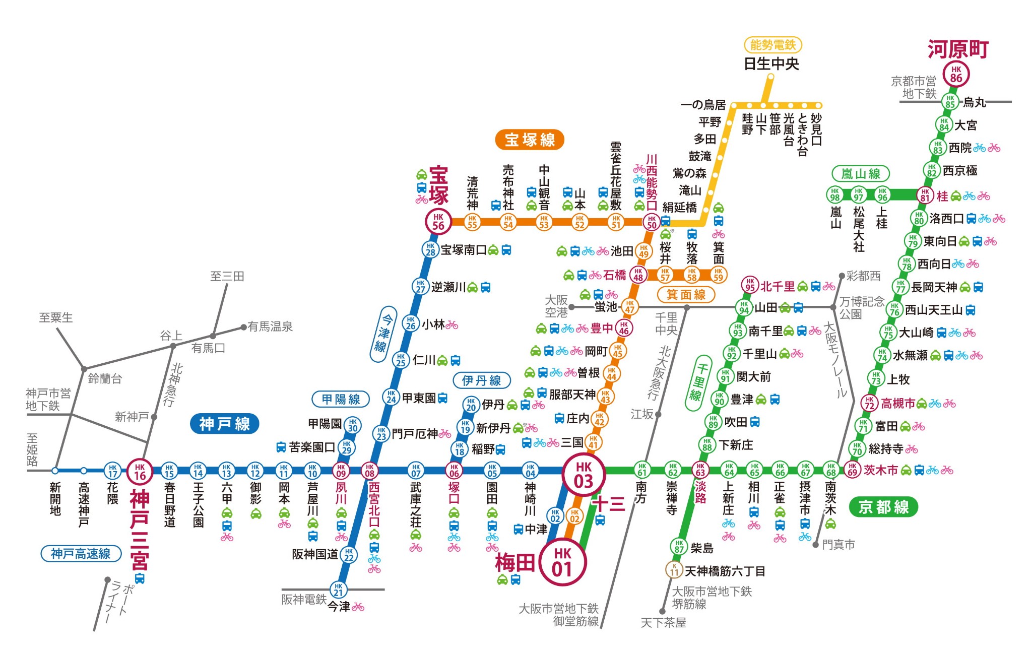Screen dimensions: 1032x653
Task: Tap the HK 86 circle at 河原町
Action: click(956, 74)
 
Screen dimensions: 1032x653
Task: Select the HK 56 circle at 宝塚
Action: click(438, 222)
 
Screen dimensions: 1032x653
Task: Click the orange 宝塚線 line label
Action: click(530, 140)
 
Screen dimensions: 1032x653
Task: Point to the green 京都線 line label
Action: click(883, 506)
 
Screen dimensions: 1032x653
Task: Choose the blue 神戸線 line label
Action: click(224, 424)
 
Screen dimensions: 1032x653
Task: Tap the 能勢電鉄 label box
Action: click(772, 45)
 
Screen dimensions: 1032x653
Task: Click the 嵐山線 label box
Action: click(860, 174)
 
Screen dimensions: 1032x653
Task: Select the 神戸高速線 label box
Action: click(81, 554)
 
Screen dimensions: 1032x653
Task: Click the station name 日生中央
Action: click(771, 64)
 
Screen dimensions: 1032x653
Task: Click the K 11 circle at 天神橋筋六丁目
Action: click(674, 570)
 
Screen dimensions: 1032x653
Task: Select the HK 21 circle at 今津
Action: click(338, 589)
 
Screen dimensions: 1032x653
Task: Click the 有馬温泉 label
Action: click(270, 326)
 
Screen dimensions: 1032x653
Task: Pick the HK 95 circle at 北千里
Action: click(750, 285)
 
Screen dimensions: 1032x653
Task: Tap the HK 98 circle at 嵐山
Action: click(835, 194)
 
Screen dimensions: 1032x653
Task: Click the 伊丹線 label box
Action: click(481, 380)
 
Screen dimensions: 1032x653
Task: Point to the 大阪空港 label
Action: click(556, 306)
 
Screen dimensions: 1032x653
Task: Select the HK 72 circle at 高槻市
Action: click(869, 403)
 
